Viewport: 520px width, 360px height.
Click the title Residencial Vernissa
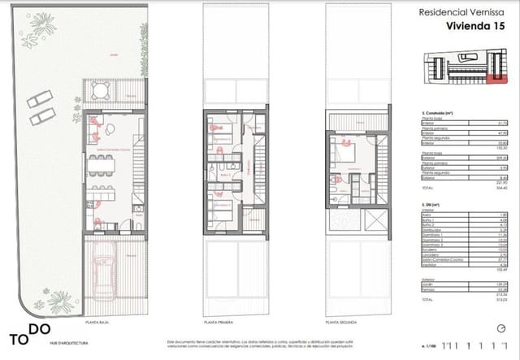tap(458, 12)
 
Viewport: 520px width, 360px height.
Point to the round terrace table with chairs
tap(98, 91)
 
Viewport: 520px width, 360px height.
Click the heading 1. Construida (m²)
tap(431, 111)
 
